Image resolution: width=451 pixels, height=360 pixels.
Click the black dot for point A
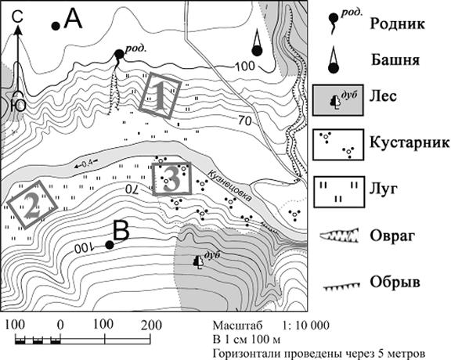click(56, 26)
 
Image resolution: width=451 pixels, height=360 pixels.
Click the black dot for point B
click(109, 245)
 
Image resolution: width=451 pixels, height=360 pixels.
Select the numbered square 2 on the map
click(32, 205)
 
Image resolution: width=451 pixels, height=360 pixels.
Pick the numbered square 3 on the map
click(171, 179)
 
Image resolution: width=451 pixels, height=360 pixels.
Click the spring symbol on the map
click(118, 55)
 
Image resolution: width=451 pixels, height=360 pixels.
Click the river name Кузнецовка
click(231, 186)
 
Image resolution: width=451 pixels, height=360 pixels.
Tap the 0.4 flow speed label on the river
click(85, 164)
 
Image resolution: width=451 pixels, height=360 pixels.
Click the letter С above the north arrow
click(18, 16)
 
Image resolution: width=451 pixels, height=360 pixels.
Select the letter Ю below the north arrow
click(18, 105)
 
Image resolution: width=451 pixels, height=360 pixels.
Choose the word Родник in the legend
click(397, 23)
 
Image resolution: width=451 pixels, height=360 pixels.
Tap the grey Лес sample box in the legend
click(338, 100)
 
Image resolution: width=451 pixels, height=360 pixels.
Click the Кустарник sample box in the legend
click(338, 145)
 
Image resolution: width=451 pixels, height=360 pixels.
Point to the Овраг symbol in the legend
click(339, 236)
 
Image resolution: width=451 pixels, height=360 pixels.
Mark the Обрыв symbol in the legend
click(341, 286)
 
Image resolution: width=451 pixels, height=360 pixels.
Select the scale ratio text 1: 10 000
click(306, 326)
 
